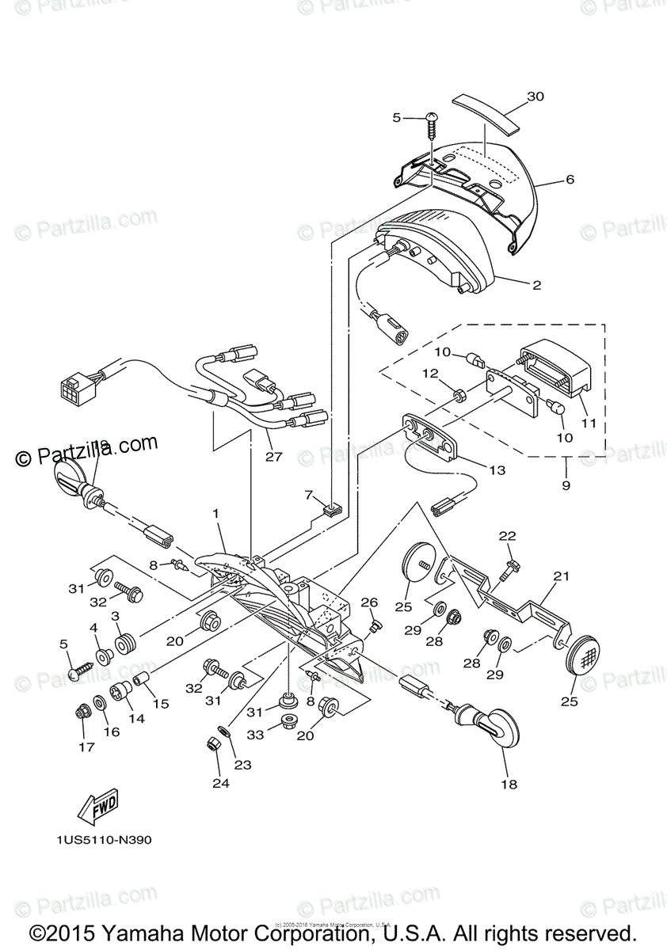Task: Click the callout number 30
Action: tap(536, 97)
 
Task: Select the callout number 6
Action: tap(570, 180)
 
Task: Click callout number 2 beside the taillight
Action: tap(536, 285)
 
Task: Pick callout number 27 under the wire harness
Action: tap(273, 457)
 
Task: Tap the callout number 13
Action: tap(497, 470)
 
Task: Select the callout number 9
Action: tap(566, 485)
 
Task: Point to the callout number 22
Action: tap(507, 537)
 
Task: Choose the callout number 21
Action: tap(561, 577)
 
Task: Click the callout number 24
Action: tap(219, 784)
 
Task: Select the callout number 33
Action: tap(256, 735)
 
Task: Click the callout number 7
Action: tap(309, 495)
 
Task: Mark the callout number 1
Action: tap(214, 513)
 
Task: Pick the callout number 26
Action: tap(369, 603)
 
